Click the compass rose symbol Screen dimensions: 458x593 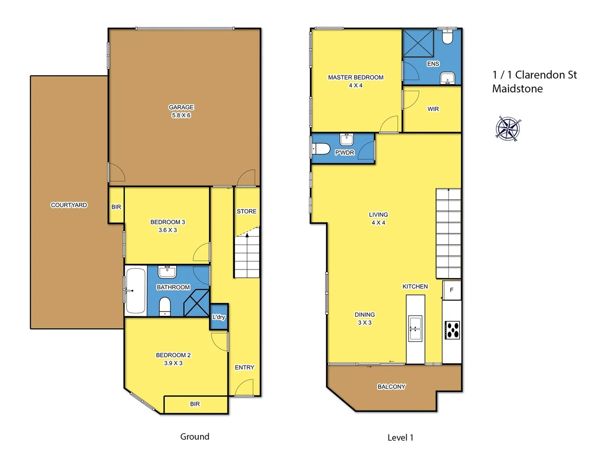508,128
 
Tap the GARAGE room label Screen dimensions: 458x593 181,107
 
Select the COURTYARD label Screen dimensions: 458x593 69,205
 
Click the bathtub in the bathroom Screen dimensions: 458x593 136,291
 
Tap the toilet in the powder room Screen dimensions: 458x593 321,149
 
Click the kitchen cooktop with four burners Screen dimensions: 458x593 452,330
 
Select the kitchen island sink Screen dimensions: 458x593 415,328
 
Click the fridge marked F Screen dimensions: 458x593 452,290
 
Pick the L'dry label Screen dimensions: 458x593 219,317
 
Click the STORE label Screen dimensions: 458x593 247,211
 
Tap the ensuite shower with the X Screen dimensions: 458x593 418,43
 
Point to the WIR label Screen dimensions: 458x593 433,109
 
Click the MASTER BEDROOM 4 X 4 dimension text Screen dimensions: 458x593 356,85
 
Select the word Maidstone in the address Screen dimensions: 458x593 517,89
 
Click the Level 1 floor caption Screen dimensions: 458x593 400,438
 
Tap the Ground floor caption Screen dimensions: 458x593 195,436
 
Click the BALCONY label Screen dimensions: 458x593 391,387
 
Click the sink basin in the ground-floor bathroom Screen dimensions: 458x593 167,271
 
